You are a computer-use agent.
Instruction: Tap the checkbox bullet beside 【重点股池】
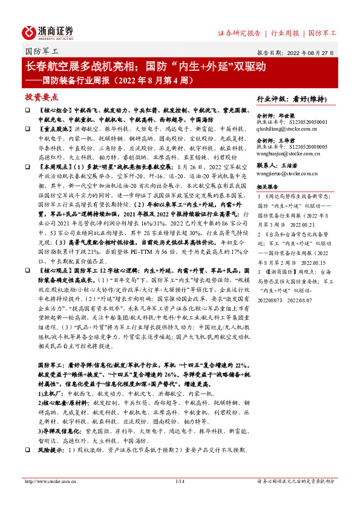(27, 129)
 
